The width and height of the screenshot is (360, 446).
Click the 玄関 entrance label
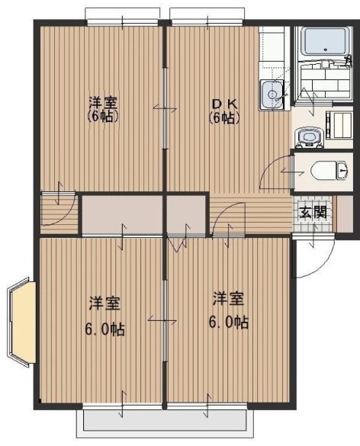click(313, 210)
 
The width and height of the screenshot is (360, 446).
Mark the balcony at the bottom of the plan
click(165, 420)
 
